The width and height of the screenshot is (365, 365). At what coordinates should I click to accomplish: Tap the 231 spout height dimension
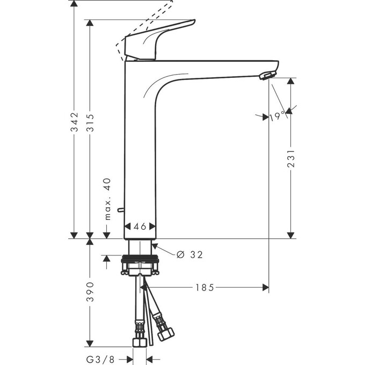pyautogui.click(x=290, y=159)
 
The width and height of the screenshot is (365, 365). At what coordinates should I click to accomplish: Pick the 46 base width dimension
pyautogui.click(x=140, y=226)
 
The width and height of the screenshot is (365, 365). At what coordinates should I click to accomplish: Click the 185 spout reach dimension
pyautogui.click(x=205, y=288)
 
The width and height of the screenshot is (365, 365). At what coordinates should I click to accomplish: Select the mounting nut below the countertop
pyautogui.click(x=140, y=266)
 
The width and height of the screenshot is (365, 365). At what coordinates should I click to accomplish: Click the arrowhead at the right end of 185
pyautogui.click(x=265, y=288)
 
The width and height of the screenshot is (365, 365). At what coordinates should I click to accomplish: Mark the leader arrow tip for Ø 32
pyautogui.click(x=155, y=245)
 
